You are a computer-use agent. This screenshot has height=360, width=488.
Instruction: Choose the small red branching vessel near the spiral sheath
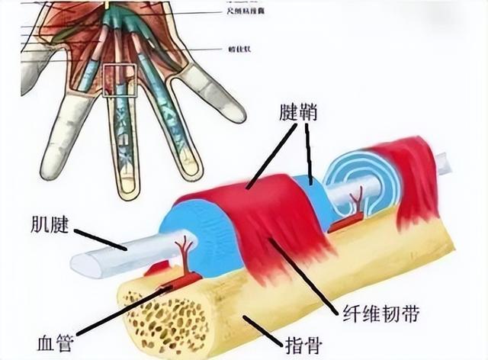(355, 204)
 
